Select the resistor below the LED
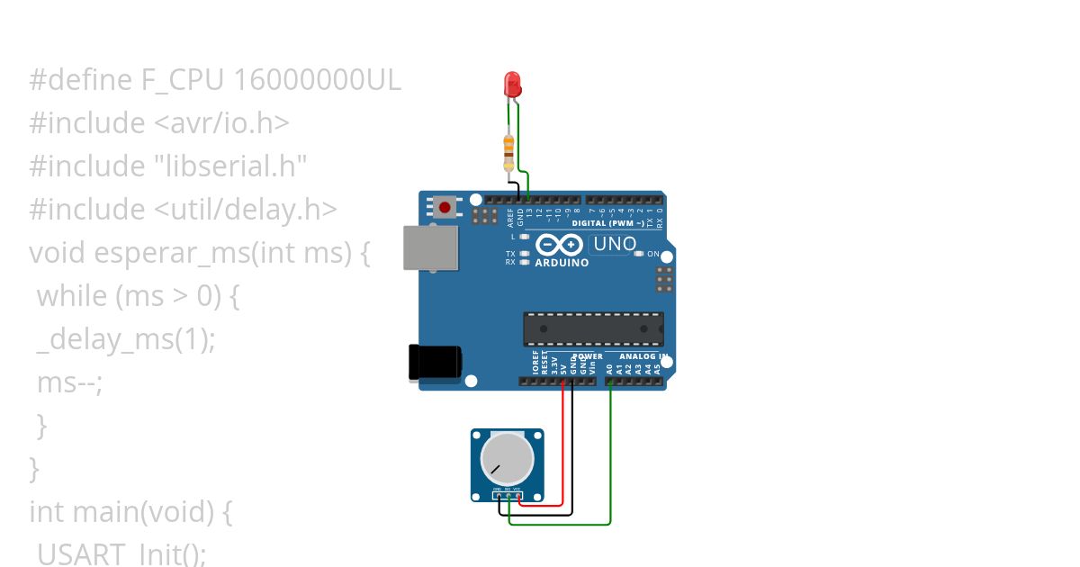509,150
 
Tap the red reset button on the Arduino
445,207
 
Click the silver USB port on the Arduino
430,247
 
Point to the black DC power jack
435,362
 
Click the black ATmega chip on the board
594,328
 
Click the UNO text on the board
616,244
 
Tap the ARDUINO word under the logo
562,263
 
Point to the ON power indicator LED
640,254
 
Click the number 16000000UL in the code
317,81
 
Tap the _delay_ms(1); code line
126,339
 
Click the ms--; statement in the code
70,382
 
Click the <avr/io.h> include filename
217,123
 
